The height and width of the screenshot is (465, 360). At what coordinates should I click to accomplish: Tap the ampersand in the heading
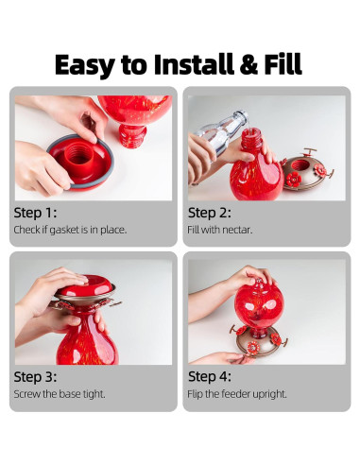(x=249, y=64)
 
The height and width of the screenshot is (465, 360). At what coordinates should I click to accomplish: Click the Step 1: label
(x=35, y=213)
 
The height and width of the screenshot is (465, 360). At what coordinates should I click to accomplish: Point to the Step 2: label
(x=210, y=213)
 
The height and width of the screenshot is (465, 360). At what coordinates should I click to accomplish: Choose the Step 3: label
(x=35, y=377)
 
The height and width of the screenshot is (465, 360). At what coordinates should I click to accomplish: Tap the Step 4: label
(x=210, y=377)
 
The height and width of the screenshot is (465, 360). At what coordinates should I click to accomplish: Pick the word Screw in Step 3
(x=26, y=394)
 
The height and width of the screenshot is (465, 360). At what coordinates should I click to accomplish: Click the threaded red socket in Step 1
(x=77, y=154)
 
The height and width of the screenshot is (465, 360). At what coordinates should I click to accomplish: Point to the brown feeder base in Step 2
(x=306, y=170)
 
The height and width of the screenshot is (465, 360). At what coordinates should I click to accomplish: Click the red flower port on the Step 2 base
(x=293, y=180)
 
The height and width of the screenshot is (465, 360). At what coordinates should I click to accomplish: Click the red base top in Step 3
(x=87, y=286)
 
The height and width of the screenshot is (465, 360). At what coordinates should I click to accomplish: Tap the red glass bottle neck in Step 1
(x=132, y=136)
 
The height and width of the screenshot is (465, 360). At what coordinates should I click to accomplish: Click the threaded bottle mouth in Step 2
(x=251, y=139)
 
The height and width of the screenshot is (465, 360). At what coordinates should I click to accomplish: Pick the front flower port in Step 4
(x=253, y=348)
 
